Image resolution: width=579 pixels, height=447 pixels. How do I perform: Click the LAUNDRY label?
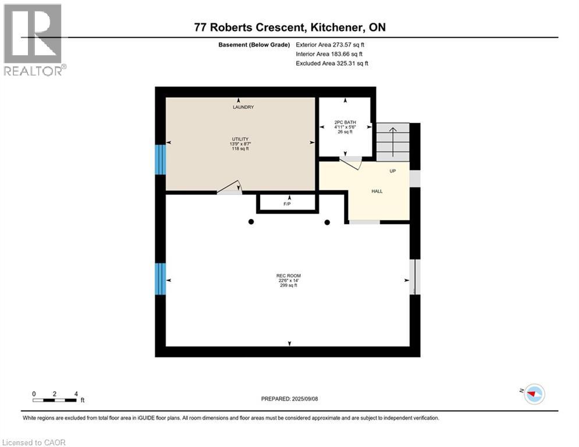click(x=243, y=107)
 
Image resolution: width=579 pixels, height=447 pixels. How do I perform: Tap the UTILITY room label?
click(x=240, y=139)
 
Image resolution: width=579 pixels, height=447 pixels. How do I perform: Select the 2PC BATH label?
click(x=345, y=122)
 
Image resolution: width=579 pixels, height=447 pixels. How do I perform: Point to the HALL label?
click(x=377, y=191)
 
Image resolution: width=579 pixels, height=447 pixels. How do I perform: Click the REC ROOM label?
click(x=289, y=275)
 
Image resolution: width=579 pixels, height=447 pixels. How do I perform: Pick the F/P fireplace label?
click(x=287, y=204)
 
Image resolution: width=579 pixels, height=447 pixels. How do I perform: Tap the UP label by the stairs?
click(x=393, y=171)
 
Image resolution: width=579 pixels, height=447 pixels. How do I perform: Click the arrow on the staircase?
click(x=393, y=142)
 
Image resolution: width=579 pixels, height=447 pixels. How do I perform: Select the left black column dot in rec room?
click(x=251, y=222)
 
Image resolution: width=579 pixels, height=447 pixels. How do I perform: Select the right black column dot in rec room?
click(x=327, y=222)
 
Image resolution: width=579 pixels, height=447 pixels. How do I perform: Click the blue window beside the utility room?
click(x=160, y=159)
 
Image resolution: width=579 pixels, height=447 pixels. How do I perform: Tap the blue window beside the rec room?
click(x=160, y=279)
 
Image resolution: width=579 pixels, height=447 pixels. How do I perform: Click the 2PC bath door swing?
click(x=350, y=163)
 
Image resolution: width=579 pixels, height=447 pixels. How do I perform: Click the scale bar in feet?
click(x=55, y=400)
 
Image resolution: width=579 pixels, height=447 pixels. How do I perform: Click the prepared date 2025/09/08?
click(x=305, y=399)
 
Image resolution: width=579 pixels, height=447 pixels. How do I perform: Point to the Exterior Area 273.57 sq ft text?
click(x=330, y=45)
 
